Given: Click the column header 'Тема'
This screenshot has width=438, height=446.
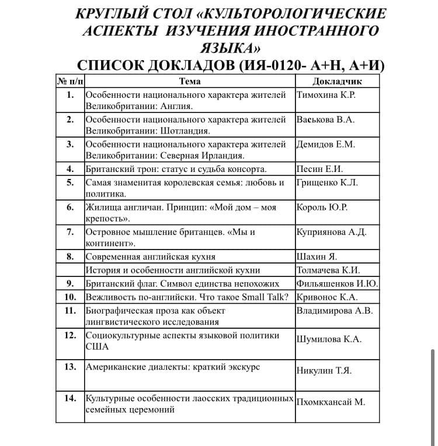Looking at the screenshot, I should pyautogui.click(x=190, y=81).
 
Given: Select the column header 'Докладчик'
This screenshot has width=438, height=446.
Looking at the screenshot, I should pyautogui.click(x=338, y=81).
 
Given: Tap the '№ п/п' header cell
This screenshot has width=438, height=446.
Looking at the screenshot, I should pyautogui.click(x=70, y=80).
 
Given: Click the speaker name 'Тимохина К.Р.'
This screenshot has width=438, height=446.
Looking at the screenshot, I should pyautogui.click(x=326, y=95).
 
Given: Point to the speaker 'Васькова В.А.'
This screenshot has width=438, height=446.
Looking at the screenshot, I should pyautogui.click(x=326, y=120).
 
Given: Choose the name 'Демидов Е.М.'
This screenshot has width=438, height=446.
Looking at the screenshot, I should pyautogui.click(x=326, y=144).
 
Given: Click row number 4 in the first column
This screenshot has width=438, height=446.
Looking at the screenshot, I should pyautogui.click(x=70, y=169).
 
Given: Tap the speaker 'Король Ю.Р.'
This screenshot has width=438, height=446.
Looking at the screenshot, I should pyautogui.click(x=322, y=207).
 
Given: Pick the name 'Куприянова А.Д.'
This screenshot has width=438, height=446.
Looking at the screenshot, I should pyautogui.click(x=332, y=232).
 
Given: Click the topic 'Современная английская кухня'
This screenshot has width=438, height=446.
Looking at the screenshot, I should pyautogui.click(x=151, y=257).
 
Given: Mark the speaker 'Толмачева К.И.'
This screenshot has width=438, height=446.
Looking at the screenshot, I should pyautogui.click(x=328, y=270).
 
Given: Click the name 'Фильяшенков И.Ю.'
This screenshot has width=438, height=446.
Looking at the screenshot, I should pyautogui.click(x=338, y=284).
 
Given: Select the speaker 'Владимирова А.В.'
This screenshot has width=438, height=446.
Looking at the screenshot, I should pyautogui.click(x=335, y=310).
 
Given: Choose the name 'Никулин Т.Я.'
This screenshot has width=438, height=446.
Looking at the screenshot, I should pyautogui.click(x=324, y=371).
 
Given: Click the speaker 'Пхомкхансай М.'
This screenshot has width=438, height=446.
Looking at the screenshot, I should pyautogui.click(x=331, y=402).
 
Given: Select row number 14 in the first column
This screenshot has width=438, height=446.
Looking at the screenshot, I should pyautogui.click(x=70, y=398).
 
